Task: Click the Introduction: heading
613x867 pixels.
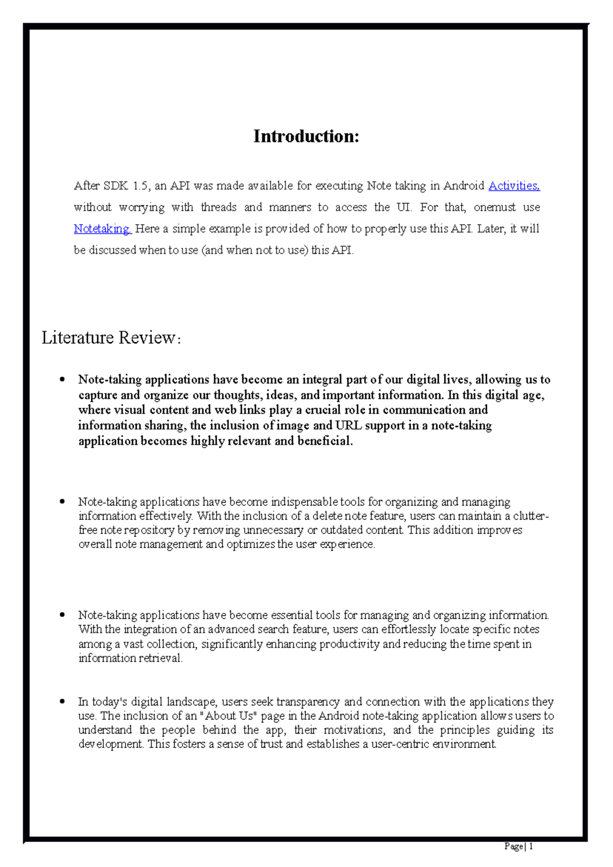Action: click(306, 136)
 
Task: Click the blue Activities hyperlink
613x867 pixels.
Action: click(513, 186)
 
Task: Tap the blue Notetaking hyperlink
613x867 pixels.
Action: click(102, 229)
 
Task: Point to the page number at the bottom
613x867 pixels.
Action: click(518, 847)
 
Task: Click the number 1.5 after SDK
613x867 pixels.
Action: click(141, 186)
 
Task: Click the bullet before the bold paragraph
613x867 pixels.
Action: click(62, 380)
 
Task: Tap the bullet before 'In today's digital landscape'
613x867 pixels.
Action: click(62, 702)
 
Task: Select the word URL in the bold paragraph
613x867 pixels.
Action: click(348, 426)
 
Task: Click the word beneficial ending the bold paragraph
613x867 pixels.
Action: click(325, 441)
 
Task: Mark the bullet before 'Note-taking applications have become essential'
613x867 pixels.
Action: click(62, 615)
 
